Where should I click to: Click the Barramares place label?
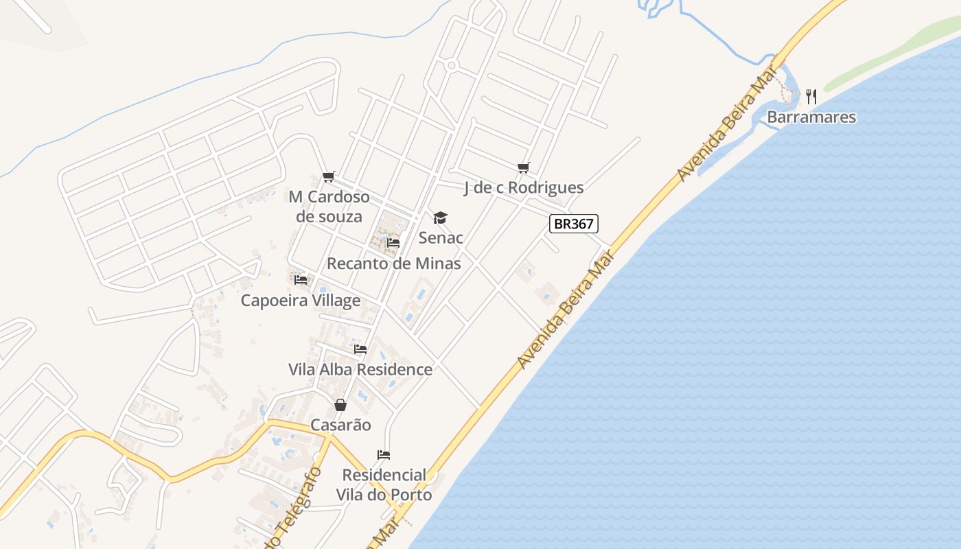(811, 117)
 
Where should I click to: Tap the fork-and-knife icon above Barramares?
(811, 97)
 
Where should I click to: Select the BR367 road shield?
(574, 224)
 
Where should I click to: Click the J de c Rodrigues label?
(524, 187)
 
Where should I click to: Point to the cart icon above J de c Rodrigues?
(524, 167)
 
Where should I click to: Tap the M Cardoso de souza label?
(329, 207)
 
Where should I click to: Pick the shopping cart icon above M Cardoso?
(329, 177)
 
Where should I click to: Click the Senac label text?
(441, 238)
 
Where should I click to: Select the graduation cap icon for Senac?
(440, 218)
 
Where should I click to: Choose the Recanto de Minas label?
(393, 264)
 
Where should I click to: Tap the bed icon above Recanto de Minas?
(393, 243)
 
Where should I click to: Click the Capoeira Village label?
(300, 301)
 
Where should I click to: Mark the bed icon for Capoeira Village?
(301, 280)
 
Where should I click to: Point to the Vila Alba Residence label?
(360, 369)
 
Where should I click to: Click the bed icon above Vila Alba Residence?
(360, 349)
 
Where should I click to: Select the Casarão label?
(340, 425)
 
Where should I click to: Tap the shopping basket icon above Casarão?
(340, 405)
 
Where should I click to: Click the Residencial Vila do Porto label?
(384, 484)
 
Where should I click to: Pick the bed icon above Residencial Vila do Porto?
(384, 455)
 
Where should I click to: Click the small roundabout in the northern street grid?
(451, 66)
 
